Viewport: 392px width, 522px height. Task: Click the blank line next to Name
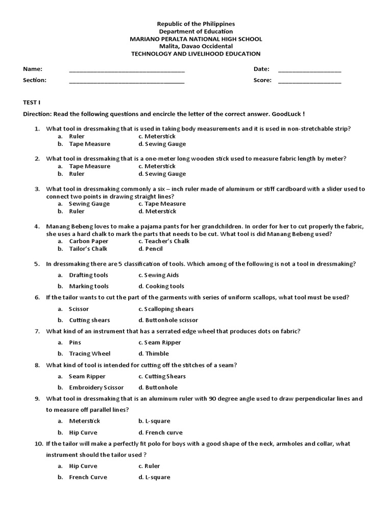click(127, 70)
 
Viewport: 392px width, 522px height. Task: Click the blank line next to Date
click(310, 70)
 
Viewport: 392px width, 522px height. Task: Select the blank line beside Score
click(310, 81)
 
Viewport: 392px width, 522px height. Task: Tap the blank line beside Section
click(127, 81)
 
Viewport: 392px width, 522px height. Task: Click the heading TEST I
click(32, 102)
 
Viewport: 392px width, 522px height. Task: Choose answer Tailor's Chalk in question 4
click(88, 249)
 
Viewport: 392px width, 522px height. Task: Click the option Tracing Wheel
click(90, 353)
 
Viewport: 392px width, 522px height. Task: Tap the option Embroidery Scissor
click(96, 387)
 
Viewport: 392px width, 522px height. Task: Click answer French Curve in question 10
click(88, 477)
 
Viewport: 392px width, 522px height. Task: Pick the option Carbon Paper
click(89, 241)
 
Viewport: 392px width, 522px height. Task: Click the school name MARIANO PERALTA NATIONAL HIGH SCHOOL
click(196, 39)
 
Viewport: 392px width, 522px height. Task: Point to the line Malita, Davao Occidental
click(196, 46)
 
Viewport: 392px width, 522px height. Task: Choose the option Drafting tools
click(89, 275)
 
